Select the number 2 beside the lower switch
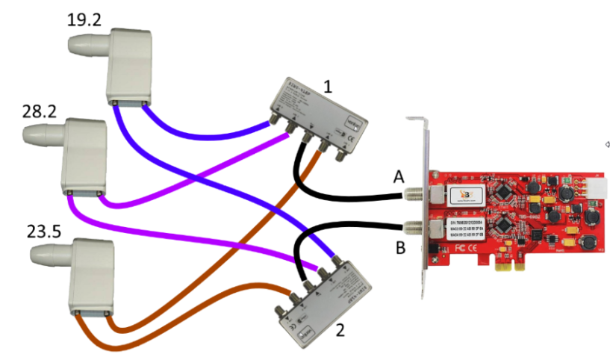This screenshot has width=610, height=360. tap(341, 326)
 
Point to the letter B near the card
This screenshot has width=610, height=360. tap(400, 248)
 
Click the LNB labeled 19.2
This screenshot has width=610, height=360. tap(128, 68)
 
